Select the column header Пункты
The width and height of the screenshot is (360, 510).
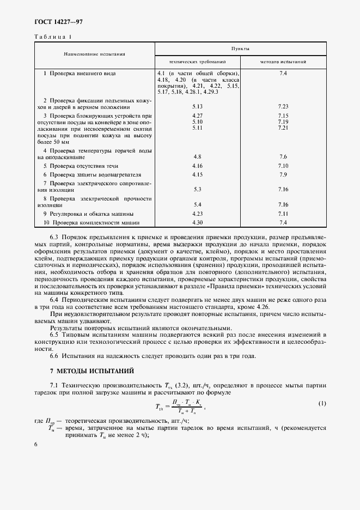240,48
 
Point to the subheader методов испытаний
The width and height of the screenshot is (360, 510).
283,62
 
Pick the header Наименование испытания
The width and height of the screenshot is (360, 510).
94,54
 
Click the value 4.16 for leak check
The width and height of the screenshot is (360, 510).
197,165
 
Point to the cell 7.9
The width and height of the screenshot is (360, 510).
283,174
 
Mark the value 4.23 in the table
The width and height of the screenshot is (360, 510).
197,214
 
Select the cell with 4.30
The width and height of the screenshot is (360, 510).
197,222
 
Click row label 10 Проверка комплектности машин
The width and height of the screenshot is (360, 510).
91,222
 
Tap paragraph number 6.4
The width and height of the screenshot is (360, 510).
56,301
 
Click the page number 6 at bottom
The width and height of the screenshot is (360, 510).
36,445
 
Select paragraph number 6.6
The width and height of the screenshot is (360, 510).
56,355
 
